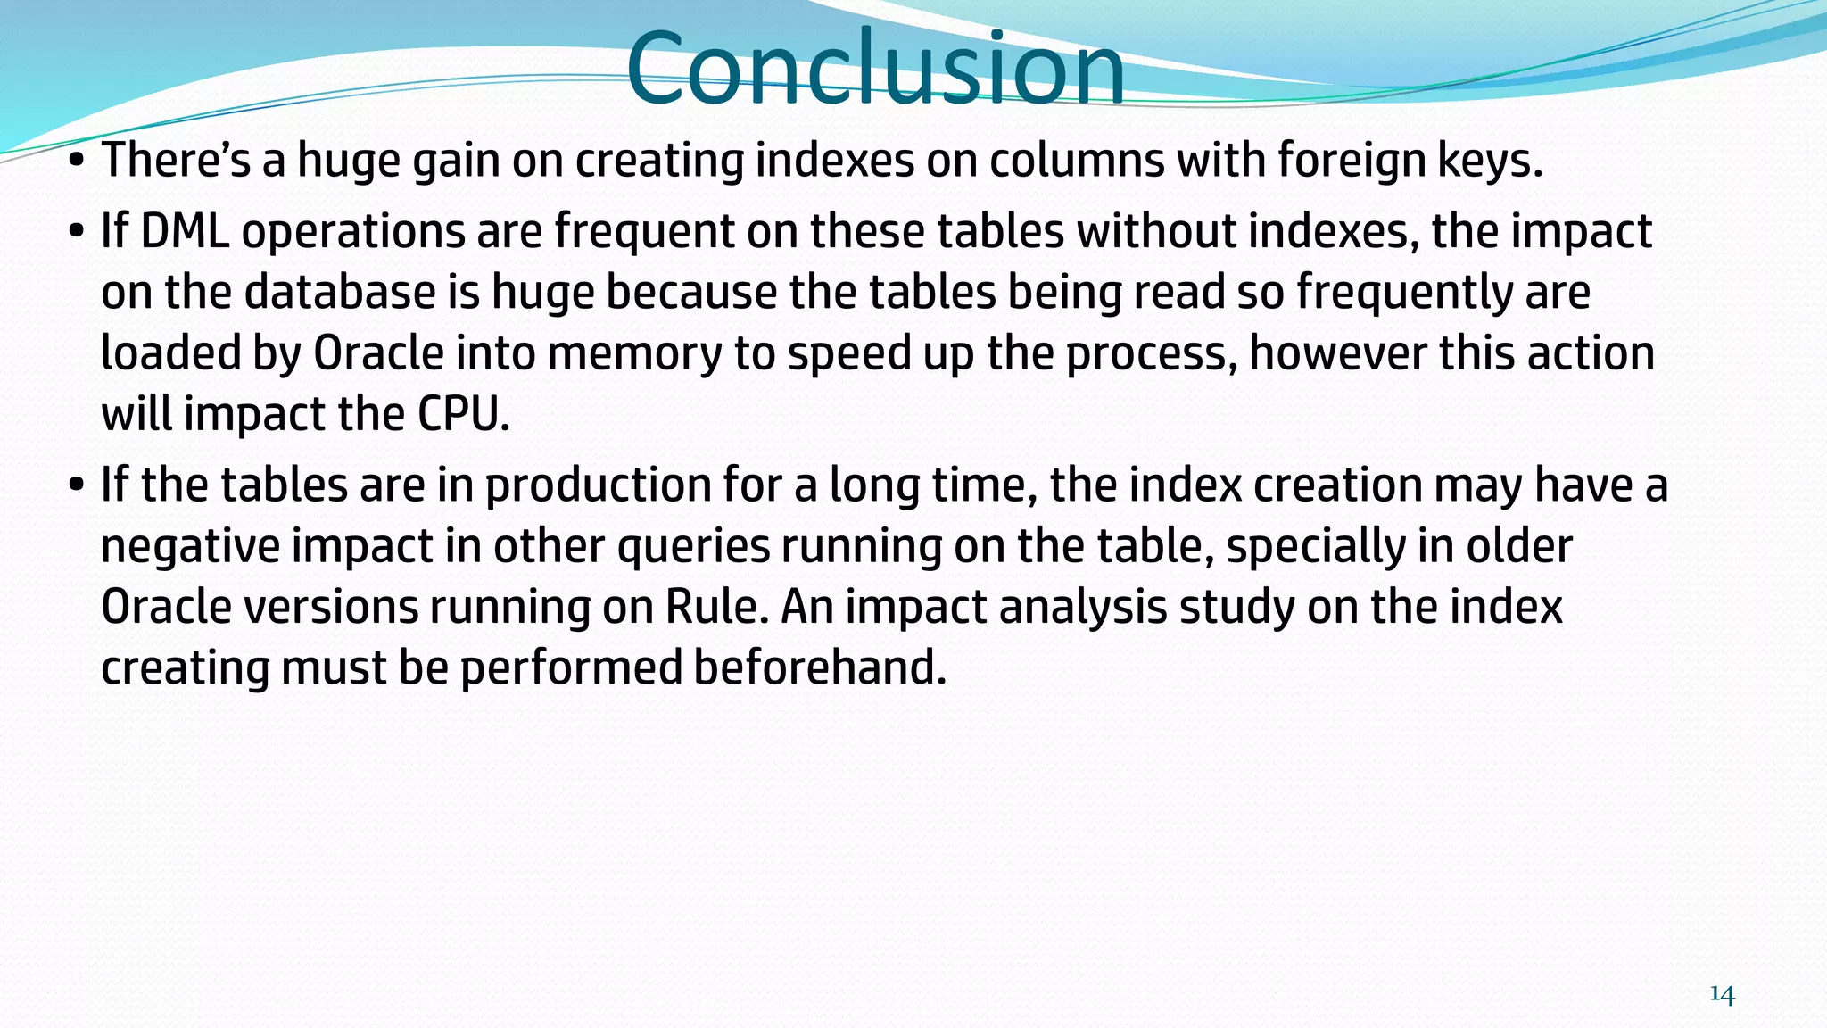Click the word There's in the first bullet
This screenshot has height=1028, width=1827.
coord(176,161)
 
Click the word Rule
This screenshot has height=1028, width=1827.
coord(717,607)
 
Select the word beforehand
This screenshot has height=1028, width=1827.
coord(820,667)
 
